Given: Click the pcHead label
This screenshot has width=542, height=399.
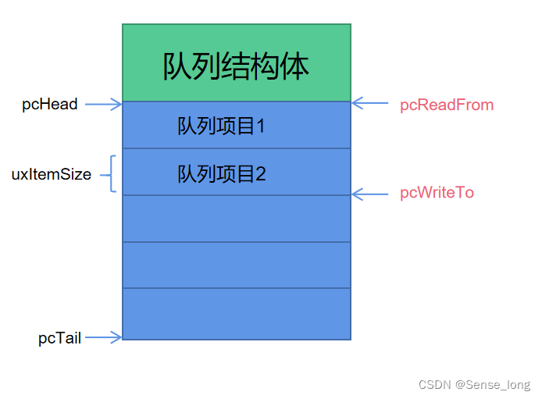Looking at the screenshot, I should click(x=50, y=104).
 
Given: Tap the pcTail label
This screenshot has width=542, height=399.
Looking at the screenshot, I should click(x=59, y=338).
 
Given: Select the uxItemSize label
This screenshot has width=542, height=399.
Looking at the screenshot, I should click(x=51, y=174).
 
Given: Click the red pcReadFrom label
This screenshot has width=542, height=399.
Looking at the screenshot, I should click(x=447, y=105).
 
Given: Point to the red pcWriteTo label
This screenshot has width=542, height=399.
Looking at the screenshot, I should click(x=437, y=192).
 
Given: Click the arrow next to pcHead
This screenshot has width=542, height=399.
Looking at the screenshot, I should click(x=103, y=103).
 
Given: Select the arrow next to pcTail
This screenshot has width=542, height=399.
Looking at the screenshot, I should click(x=103, y=337).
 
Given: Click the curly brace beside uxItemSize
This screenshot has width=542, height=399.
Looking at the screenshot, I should click(x=112, y=173).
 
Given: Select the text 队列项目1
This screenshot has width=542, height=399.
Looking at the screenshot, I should click(x=221, y=125).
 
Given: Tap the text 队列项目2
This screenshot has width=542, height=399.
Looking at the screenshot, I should click(x=221, y=173).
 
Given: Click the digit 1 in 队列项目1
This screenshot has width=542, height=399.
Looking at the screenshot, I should click(x=260, y=125).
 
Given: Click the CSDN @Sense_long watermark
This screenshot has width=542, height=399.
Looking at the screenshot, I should click(x=474, y=385).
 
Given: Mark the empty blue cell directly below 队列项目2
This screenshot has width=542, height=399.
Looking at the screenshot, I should click(x=237, y=219).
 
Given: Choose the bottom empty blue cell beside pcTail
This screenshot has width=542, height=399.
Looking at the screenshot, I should click(x=237, y=314).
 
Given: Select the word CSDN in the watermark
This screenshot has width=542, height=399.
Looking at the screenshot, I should click(x=434, y=385).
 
